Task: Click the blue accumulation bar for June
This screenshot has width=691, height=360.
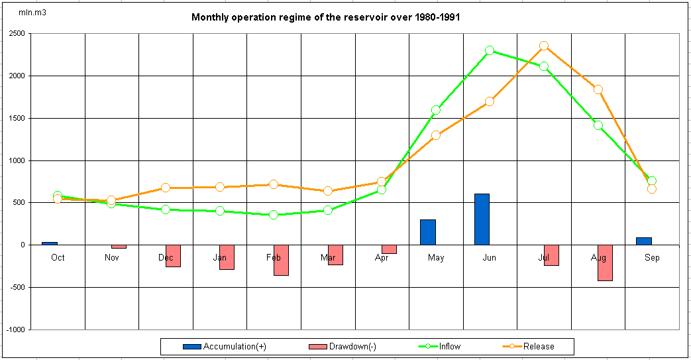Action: click(482, 219)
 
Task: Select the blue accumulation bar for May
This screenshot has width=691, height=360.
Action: click(428, 232)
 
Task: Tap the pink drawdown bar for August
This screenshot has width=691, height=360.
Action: click(604, 263)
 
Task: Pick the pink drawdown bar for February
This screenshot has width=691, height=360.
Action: click(281, 260)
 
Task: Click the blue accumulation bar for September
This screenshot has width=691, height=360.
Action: click(644, 241)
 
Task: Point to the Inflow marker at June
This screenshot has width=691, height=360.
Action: click(490, 50)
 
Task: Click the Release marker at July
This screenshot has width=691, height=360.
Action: click(544, 46)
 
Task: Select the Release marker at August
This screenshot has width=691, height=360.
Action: click(598, 90)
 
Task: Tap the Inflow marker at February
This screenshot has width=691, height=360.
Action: click(274, 215)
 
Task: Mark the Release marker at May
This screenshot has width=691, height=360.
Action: click(436, 135)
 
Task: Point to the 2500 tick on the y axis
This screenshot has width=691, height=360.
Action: click(17, 33)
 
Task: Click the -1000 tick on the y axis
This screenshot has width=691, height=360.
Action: click(15, 330)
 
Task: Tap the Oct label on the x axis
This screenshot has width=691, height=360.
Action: click(58, 257)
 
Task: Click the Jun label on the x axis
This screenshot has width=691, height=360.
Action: click(490, 257)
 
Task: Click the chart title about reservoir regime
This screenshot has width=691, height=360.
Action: click(325, 17)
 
